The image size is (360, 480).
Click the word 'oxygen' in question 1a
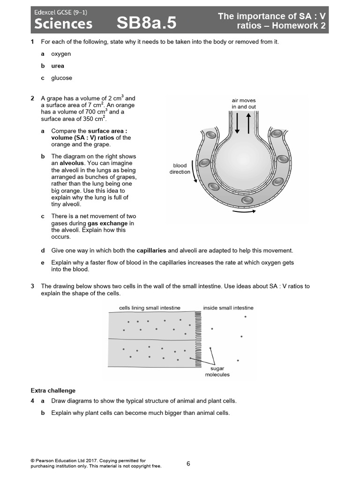tap(61, 54)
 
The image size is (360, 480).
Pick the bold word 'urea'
tap(58, 66)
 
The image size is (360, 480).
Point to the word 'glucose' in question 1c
tap(61, 78)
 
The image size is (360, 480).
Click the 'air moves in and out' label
tap(243, 104)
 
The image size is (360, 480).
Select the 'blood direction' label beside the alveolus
tap(180, 169)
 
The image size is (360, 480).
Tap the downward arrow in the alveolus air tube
tap(237, 123)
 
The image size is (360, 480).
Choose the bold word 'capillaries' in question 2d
tap(151, 251)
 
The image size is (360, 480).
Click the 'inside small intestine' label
tap(228, 308)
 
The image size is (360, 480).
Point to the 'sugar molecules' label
tap(217, 372)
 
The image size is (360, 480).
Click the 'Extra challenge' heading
tap(53, 390)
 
